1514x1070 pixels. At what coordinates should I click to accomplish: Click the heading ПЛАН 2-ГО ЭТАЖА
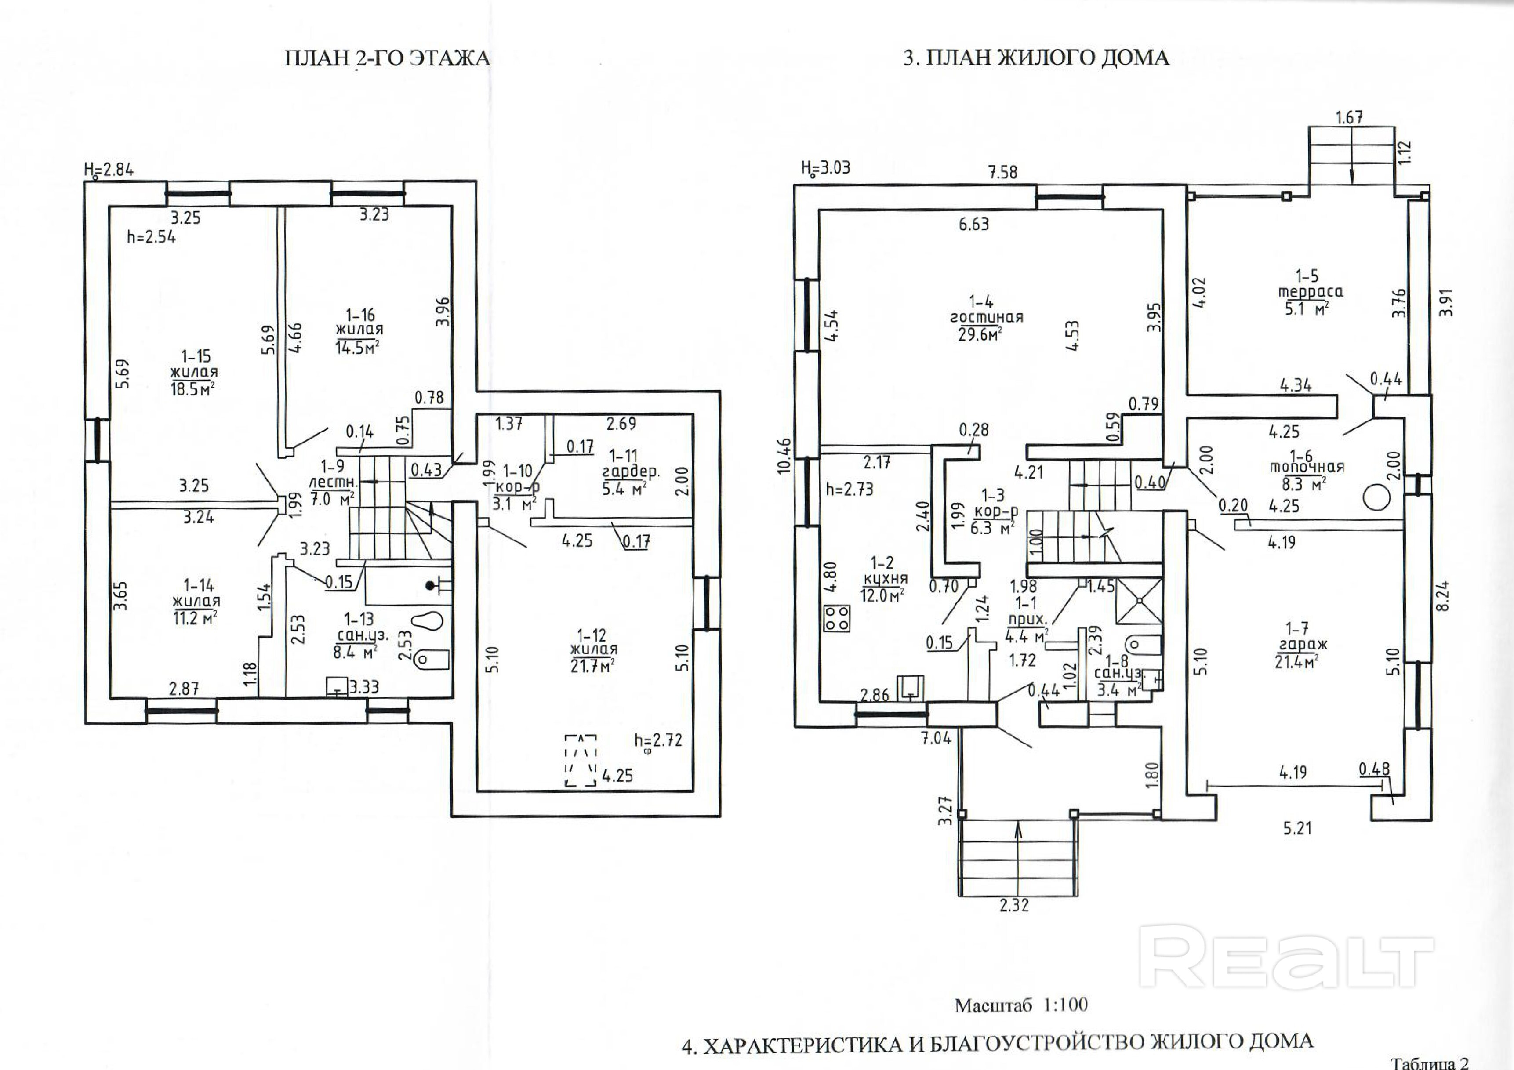[387, 58]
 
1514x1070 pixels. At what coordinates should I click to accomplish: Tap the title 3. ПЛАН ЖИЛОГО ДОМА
[1036, 58]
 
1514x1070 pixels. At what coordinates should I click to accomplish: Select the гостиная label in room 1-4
[987, 317]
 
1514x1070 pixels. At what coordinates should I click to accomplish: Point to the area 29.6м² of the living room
[980, 334]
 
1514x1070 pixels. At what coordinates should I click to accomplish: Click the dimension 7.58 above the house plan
[1003, 173]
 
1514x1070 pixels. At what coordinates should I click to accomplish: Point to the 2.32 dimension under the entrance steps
[1013, 905]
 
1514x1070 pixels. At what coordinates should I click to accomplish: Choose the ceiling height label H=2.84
[109, 170]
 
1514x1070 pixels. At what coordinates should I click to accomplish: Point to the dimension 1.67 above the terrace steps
[1349, 118]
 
